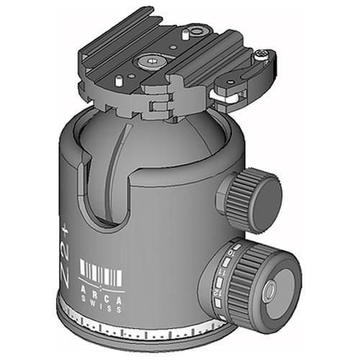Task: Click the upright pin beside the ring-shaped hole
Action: tap(186, 32)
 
